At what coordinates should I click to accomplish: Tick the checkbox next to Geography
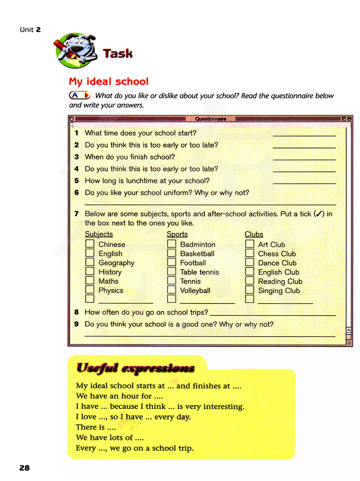(90, 262)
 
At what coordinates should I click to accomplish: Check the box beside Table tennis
(172, 271)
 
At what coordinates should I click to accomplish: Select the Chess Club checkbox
(249, 253)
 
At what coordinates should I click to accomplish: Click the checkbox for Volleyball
(172, 290)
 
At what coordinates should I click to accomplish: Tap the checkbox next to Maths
(90, 280)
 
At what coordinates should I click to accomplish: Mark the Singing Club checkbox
(249, 290)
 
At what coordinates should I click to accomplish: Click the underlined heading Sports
(177, 234)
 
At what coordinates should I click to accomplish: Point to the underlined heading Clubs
(254, 234)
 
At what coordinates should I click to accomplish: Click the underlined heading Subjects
(99, 234)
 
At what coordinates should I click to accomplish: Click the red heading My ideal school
(109, 81)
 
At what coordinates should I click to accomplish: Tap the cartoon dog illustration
(76, 50)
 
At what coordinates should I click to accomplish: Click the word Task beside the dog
(118, 54)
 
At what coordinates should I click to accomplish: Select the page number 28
(24, 468)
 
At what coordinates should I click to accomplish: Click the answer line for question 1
(304, 134)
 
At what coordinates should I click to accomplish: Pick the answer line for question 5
(304, 182)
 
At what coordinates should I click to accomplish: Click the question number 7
(76, 214)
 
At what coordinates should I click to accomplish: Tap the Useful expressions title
(135, 368)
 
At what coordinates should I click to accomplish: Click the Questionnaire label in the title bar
(211, 119)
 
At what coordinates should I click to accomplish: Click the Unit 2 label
(30, 30)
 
